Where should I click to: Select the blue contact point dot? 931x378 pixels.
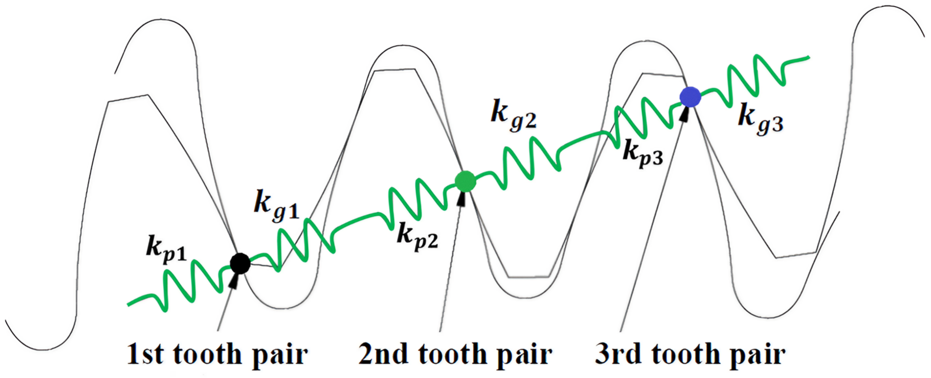click(x=690, y=97)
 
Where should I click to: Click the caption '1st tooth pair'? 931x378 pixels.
click(x=217, y=354)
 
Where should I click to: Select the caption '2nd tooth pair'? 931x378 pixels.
click(x=455, y=354)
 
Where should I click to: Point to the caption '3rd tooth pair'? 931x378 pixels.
click(x=690, y=354)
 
